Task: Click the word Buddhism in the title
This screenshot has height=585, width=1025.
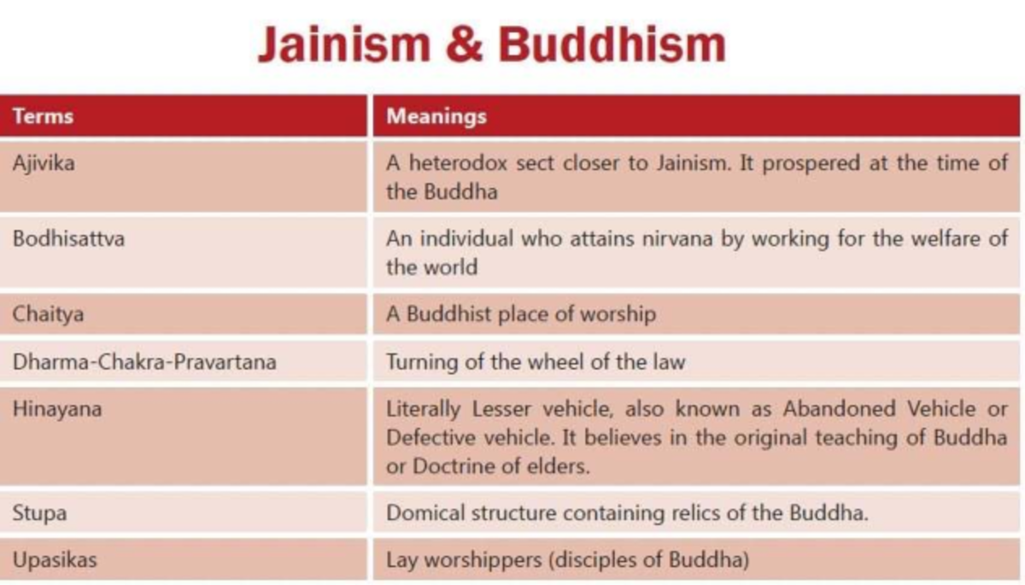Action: tap(612, 44)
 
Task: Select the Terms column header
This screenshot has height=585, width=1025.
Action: tap(43, 116)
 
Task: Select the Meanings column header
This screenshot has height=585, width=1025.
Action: tap(436, 116)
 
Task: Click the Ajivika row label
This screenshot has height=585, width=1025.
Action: tap(44, 162)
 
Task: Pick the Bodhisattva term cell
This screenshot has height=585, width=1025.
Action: tap(68, 238)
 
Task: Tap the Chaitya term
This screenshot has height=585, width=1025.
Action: tap(48, 314)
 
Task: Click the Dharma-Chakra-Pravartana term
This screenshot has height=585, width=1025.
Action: tap(144, 361)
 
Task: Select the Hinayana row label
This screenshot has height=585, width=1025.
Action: tap(57, 408)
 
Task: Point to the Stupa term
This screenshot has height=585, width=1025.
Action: tap(39, 513)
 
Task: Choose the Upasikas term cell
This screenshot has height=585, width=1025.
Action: tap(54, 560)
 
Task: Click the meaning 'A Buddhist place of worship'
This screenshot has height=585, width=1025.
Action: tap(521, 314)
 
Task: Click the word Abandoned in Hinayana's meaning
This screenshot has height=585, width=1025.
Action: tap(836, 408)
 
